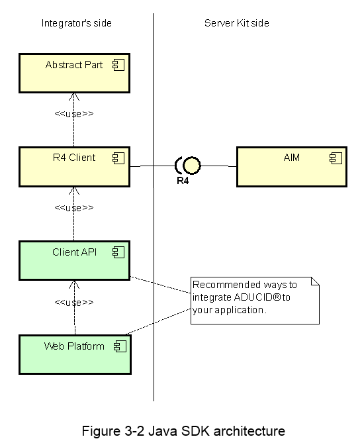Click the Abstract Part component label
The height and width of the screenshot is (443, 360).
click(x=74, y=65)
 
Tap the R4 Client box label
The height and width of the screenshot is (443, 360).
click(x=74, y=158)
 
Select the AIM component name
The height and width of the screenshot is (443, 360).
click(x=291, y=158)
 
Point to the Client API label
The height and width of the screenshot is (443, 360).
click(x=75, y=252)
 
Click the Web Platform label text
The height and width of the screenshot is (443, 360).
click(x=74, y=346)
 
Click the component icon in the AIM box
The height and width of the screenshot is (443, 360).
click(x=336, y=158)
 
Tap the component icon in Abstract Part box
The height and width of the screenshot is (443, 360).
click(x=118, y=65)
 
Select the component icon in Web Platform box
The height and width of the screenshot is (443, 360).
click(x=120, y=346)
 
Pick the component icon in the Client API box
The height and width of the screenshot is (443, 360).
click(x=118, y=252)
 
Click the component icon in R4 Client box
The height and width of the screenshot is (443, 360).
click(x=118, y=158)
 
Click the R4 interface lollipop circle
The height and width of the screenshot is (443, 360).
click(x=192, y=166)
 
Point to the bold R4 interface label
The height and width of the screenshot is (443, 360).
click(x=183, y=181)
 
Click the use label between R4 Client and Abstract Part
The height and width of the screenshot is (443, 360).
click(x=74, y=114)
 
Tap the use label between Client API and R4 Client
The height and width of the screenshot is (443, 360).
click(x=74, y=208)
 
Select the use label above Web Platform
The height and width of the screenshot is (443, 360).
click(x=74, y=303)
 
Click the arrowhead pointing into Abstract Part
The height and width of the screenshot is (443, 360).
click(x=74, y=96)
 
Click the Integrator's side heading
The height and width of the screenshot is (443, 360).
click(x=77, y=23)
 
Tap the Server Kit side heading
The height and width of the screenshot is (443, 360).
click(x=237, y=23)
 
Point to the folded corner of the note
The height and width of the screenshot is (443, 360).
click(x=315, y=281)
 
